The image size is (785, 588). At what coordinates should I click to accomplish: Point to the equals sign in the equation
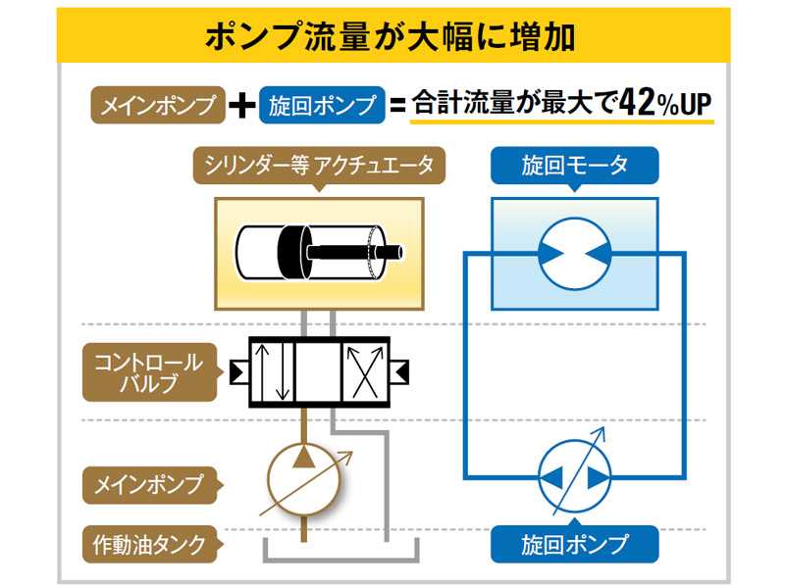tap(397, 106)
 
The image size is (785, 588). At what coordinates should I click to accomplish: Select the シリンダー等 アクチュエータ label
tap(318, 165)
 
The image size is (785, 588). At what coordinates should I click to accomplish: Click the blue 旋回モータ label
tap(574, 165)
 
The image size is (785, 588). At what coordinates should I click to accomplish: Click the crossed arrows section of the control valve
tap(365, 371)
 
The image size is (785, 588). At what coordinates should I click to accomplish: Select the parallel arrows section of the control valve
tap(274, 371)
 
